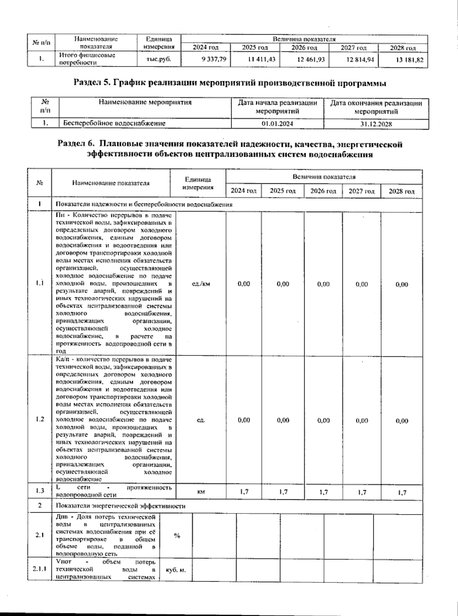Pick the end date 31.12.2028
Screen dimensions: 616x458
click(x=376, y=124)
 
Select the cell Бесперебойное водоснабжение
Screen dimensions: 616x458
click(x=114, y=124)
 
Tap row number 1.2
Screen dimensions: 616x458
click(x=39, y=419)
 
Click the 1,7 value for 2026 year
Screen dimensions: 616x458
click(x=323, y=492)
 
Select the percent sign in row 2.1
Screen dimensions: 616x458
click(x=177, y=536)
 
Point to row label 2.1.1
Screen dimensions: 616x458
click(x=39, y=569)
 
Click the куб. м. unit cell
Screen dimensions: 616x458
click(x=176, y=570)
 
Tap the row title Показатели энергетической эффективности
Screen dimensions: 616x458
click(x=120, y=506)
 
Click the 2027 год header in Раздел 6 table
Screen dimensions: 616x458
click(x=361, y=191)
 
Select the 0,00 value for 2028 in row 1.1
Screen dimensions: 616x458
click(x=402, y=284)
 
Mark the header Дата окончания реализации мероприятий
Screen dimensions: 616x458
click(x=376, y=107)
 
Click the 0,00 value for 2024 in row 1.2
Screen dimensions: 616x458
click(x=244, y=420)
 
